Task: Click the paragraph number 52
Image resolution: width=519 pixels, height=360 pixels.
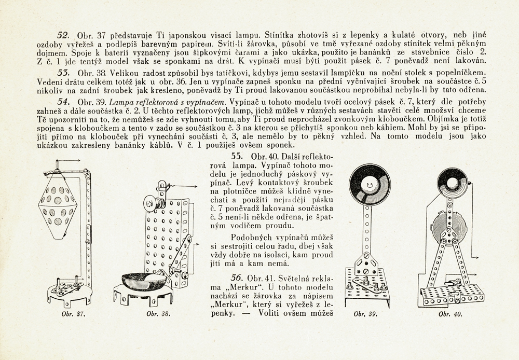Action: click(x=63, y=35)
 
